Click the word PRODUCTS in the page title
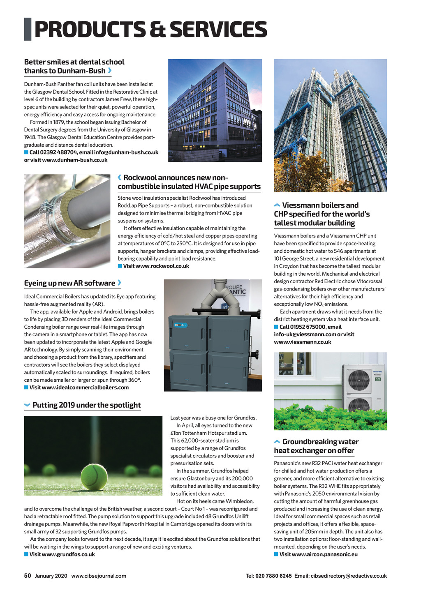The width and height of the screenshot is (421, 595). pos(90,30)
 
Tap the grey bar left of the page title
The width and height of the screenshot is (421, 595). pos(28,29)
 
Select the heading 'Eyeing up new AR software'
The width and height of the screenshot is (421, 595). pos(69,283)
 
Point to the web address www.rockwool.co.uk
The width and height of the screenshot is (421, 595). pos(156,266)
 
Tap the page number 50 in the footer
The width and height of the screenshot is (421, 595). pos(28,576)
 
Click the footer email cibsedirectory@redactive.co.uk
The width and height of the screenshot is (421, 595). pos(349,576)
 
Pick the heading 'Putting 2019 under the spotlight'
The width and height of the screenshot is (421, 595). pos(86,405)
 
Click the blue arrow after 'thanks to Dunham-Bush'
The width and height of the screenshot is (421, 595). pos(109,71)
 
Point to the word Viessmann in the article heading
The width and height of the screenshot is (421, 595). pos(301,205)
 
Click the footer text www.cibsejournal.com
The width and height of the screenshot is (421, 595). pos(99,576)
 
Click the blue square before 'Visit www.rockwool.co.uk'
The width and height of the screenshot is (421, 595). pos(120,266)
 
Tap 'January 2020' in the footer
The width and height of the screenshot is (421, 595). pos(51,576)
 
